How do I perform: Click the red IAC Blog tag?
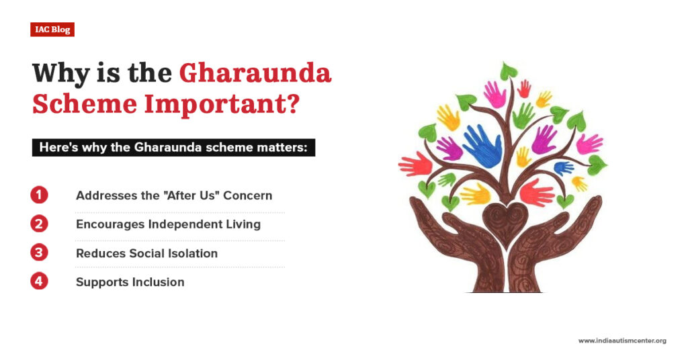coord(52,30)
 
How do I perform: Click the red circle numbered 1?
coord(40,195)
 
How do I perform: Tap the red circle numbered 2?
coord(40,224)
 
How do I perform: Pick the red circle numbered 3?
coord(40,253)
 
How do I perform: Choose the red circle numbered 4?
coord(40,281)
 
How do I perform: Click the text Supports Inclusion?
coord(130,282)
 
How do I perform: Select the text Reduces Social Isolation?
coord(146,253)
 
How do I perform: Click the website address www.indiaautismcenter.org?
coord(621,341)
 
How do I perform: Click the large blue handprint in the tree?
coord(482,143)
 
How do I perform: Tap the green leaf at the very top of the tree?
coord(508,71)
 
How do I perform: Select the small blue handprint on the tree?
coord(562,167)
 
